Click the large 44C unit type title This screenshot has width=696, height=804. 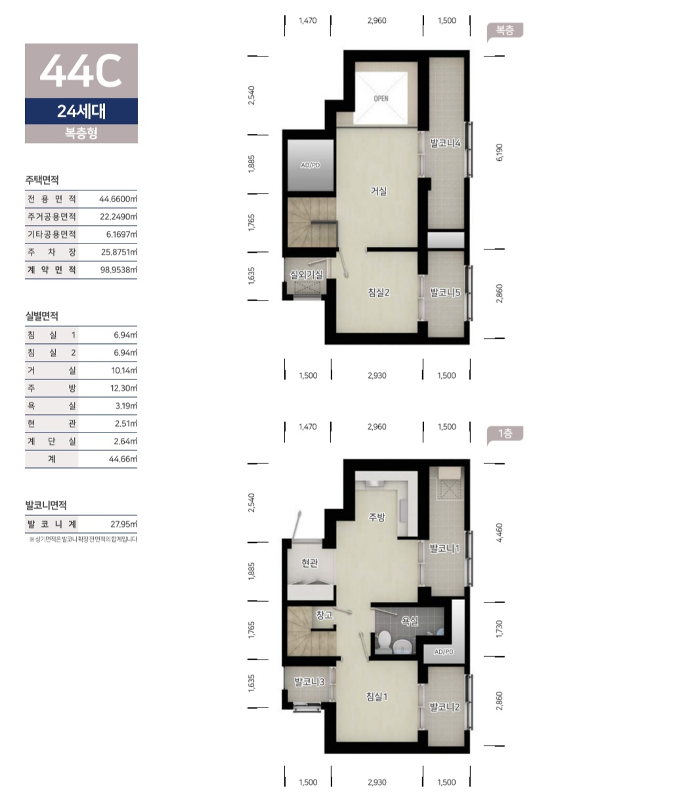81,70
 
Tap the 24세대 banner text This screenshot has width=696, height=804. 81,111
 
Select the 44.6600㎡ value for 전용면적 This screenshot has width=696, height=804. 118,199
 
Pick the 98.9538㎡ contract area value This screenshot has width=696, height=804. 119,270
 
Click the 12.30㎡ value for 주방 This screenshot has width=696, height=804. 123,388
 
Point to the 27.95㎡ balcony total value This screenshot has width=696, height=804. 123,524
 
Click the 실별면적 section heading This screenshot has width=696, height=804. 41,316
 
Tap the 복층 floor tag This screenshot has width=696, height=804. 505,30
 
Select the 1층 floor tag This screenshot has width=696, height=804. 505,433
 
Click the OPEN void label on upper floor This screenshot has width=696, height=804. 381,98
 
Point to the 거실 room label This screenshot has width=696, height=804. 379,191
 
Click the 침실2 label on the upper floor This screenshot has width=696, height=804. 379,292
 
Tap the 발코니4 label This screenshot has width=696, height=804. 445,143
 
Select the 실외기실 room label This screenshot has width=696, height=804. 307,274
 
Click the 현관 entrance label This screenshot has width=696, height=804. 310,562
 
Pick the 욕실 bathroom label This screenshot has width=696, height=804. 410,621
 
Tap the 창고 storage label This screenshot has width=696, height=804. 324,614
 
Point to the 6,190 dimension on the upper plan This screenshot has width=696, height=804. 500,152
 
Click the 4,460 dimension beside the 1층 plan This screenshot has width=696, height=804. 500,532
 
